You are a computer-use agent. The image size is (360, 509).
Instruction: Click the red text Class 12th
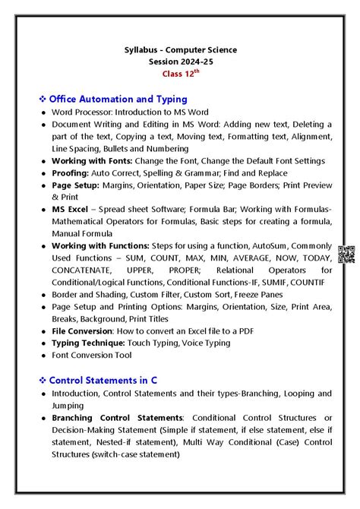coord(180,74)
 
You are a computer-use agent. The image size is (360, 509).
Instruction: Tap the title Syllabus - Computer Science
coord(180,50)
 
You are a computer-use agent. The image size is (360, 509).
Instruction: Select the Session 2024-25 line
coord(180,62)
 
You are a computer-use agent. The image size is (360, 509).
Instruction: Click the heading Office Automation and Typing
coord(118,99)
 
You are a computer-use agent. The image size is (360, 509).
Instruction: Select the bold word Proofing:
coord(73,173)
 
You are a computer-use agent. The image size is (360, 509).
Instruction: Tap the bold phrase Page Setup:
coord(78,185)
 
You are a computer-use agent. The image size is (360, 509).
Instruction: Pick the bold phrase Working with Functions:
coord(103,246)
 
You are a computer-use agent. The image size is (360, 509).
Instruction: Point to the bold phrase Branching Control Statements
coord(118,418)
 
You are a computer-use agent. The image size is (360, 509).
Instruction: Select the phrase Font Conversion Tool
coord(91,356)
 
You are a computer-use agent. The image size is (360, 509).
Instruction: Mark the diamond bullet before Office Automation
coord(43,100)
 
